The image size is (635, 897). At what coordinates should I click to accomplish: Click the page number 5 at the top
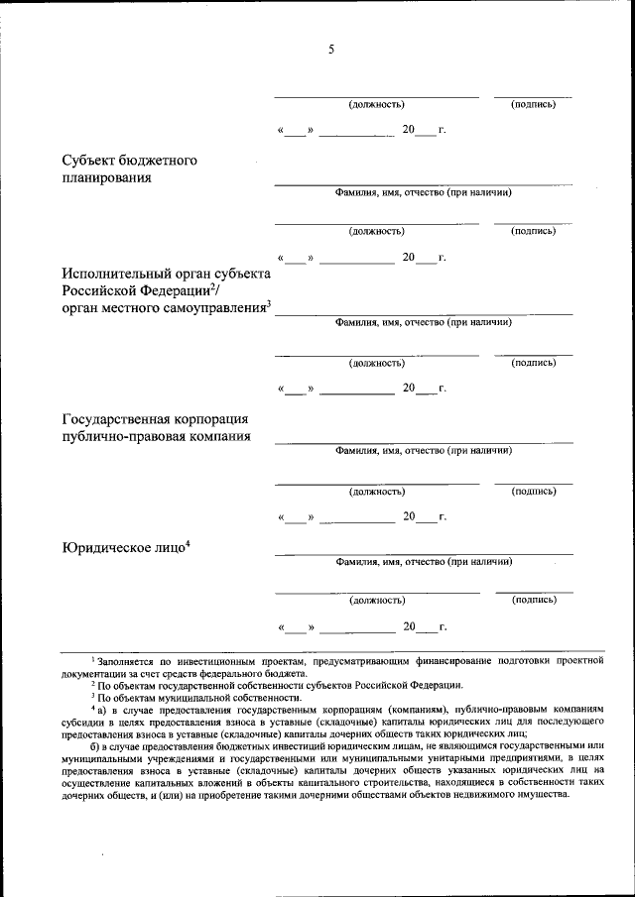click(x=330, y=52)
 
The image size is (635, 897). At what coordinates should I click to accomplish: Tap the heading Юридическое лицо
click(x=122, y=548)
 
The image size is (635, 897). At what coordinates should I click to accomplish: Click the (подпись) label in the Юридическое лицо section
click(x=533, y=600)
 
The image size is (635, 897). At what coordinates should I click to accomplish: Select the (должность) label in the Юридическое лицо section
click(x=376, y=600)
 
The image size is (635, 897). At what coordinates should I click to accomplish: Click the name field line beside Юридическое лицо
click(x=424, y=552)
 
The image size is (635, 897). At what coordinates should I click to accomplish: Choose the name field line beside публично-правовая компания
click(x=424, y=441)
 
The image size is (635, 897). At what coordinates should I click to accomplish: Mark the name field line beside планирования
click(x=424, y=183)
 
